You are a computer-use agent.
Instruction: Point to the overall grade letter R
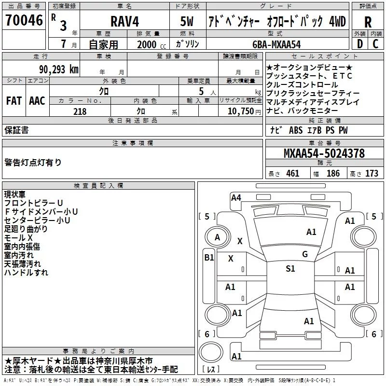368,22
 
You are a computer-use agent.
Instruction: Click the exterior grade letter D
359,43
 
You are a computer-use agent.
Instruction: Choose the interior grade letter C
376,43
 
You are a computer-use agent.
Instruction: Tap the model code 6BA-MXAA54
276,44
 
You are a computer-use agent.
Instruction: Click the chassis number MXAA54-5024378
324,154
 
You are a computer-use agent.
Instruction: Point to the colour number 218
80,111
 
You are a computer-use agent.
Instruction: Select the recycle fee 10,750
240,111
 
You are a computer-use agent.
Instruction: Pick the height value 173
372,174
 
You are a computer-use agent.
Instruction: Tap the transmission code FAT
14,100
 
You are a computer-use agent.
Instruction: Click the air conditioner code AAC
37,100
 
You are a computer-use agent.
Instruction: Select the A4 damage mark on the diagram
236,197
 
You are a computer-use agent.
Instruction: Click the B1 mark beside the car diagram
209,258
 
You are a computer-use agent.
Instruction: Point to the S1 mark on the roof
290,269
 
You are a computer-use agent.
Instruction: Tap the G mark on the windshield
305,254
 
